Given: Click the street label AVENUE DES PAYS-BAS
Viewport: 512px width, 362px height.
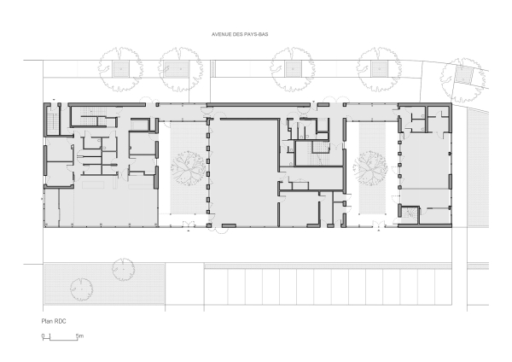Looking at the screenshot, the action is (240, 34).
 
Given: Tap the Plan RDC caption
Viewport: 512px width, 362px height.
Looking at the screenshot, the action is (54, 321).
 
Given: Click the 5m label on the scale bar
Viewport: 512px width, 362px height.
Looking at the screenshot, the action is (79, 336).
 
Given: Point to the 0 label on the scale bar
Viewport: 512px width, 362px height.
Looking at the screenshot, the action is (43, 336).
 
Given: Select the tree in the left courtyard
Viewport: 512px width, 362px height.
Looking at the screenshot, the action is (188, 168).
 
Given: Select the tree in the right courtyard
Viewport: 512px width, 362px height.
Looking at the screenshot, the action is (370, 167).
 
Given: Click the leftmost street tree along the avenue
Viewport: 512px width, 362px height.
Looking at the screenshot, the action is (120, 69).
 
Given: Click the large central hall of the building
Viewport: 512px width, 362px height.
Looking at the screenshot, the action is (244, 173).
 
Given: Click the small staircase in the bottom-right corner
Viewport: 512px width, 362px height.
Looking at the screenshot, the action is (409, 213).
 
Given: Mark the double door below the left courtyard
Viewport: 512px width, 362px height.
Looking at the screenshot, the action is (189, 224).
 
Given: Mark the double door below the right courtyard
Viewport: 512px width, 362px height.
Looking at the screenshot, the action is (379, 224).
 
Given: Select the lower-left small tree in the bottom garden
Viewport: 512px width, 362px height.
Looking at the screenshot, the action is (81, 289).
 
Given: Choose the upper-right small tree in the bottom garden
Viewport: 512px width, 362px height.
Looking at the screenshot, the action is (124, 270).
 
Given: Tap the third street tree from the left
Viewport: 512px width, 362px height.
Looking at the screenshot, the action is (293, 69).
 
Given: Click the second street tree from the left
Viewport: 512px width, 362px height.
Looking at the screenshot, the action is (181, 69).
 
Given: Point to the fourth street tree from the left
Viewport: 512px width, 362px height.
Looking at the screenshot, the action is (379, 69).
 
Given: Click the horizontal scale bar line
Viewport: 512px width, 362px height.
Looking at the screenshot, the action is (60, 340).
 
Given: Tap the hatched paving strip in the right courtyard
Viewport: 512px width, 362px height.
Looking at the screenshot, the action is (372, 168).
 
